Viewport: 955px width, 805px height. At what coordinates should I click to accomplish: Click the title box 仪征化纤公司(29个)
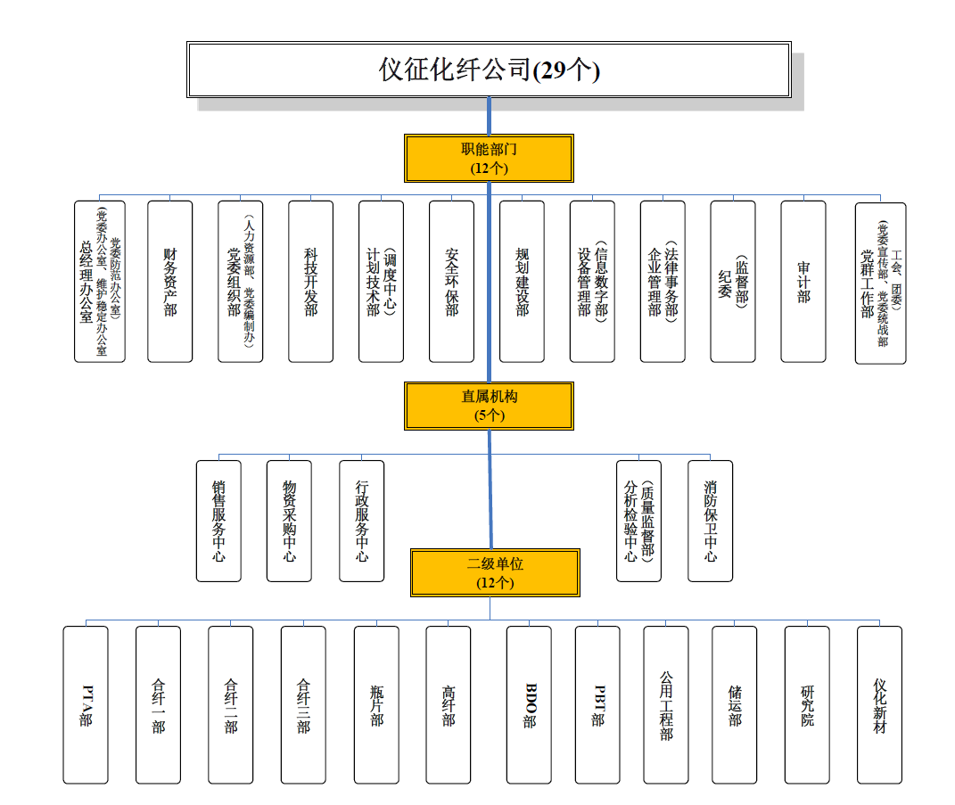pos(489,70)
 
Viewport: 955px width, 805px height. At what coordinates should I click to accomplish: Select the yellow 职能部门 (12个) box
pos(489,158)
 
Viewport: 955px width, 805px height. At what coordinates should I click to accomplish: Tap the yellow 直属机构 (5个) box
pos(489,406)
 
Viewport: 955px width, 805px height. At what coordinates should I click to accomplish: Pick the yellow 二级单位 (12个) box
pos(495,572)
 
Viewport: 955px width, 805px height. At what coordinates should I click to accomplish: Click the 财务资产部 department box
pos(169,281)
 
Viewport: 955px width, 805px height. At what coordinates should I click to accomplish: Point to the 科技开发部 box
pos(310,281)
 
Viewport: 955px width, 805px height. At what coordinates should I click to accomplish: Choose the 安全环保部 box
pos(451,281)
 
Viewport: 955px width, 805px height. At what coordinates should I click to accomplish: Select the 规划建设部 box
pos(522,281)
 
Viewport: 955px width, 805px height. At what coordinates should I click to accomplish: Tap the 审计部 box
pos(803,281)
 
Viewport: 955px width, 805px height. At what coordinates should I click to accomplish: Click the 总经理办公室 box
pos(99,281)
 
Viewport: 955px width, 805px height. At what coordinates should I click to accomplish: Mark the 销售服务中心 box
pos(218,521)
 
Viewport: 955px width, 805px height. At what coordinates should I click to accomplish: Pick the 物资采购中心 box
pos(289,521)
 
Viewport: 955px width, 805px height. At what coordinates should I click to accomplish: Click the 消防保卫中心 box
pos(710,521)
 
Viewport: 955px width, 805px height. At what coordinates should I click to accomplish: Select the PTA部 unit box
pos(86,704)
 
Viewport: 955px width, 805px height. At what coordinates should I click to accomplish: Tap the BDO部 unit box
pos(529,704)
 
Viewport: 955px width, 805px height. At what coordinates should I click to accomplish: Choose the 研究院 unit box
pos(807,704)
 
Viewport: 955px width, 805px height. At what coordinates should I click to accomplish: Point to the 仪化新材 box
pos(879,704)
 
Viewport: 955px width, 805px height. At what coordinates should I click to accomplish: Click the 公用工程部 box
pos(666,704)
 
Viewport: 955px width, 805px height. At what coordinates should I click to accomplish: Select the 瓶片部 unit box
pos(376,704)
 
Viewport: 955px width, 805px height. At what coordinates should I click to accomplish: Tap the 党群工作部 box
pos(880,282)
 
